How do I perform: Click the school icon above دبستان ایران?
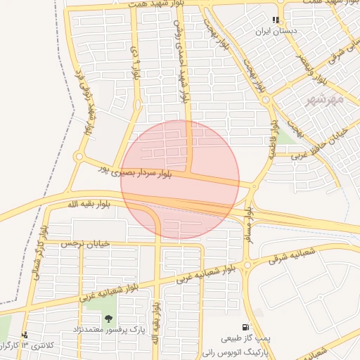pos(276,20)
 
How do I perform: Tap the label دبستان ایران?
pos(276,32)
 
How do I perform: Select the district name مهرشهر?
pos(325,101)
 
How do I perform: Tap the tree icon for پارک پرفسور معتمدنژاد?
pos(108,319)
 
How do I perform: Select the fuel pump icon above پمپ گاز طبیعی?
pos(245,326)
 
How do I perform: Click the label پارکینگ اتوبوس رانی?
pos(231,349)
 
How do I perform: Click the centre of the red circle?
pos(180,179)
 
